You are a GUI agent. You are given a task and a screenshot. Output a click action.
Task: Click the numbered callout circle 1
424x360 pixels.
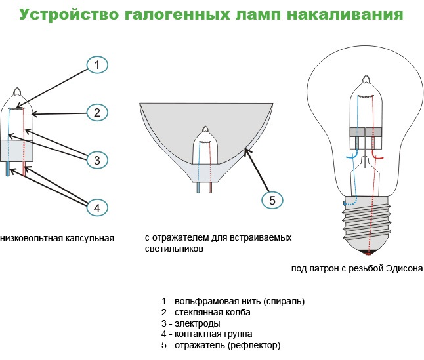[96, 64]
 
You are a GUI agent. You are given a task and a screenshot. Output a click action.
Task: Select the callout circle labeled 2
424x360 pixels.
[96, 112]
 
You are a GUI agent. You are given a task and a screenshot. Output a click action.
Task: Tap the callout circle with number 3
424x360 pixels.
[96, 159]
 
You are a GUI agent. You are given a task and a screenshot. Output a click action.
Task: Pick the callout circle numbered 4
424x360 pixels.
[96, 207]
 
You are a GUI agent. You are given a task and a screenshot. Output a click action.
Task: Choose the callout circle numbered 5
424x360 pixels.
[272, 199]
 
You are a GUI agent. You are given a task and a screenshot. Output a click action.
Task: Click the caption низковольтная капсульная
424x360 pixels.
[58, 238]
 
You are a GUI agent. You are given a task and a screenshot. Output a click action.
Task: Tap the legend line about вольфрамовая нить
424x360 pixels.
[233, 301]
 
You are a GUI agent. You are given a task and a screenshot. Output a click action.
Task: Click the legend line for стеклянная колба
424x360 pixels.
[206, 312]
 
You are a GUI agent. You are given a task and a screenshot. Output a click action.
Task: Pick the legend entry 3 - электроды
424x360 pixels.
[190, 323]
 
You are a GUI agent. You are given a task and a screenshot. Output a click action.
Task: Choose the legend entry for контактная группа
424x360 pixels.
[216, 334]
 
